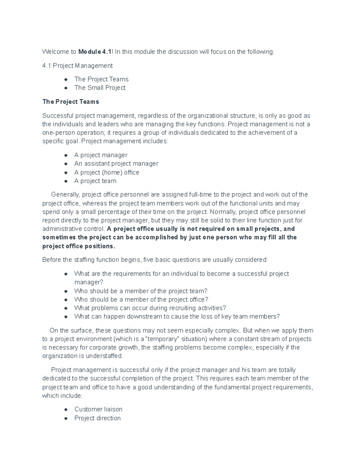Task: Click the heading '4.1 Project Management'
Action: tap(77, 66)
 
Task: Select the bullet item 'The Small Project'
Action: tap(100, 88)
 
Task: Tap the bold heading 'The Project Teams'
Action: tap(70, 102)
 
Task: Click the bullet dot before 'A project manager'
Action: tap(65, 155)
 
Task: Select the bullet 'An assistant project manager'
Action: tap(116, 164)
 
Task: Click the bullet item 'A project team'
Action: tap(95, 181)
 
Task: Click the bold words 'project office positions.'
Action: tap(79, 246)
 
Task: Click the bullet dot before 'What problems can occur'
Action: tap(65, 308)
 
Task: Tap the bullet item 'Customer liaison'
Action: tap(98, 410)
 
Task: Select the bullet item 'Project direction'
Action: tap(97, 418)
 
